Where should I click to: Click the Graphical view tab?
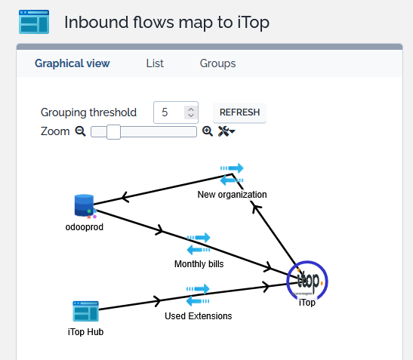point(72,63)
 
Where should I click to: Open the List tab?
point(155,63)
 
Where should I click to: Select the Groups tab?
point(217,63)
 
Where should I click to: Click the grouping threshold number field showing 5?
point(176,112)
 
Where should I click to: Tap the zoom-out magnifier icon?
point(80,131)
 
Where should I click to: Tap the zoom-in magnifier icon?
point(208,131)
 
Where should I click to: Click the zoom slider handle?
point(113,132)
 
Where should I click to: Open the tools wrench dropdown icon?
point(227,131)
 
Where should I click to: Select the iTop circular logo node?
point(307,282)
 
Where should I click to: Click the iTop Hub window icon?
point(85,311)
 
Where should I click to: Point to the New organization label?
point(232,195)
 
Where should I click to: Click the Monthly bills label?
point(199,264)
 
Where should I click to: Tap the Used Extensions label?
point(199,316)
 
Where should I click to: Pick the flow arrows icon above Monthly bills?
point(199,244)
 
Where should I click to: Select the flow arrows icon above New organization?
point(232,174)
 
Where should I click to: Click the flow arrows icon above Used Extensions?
point(198,295)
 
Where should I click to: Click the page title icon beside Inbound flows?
point(34,22)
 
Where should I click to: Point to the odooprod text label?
point(85,227)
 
